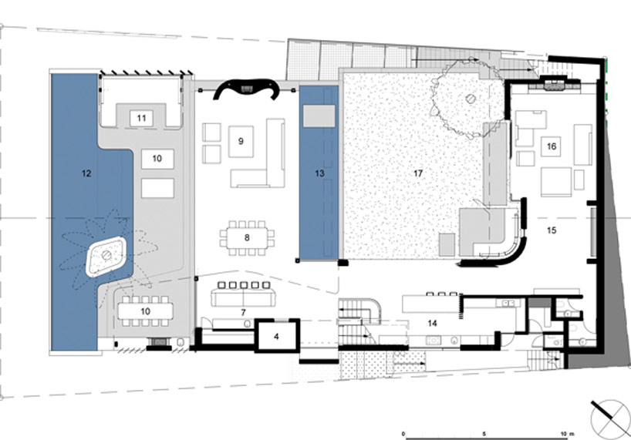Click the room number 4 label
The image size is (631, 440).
tap(276, 337)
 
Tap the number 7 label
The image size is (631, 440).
tap(244, 312)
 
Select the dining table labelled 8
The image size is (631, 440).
tap(247, 238)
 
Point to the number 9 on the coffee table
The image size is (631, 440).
tap(241, 141)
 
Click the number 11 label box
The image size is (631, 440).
tap(141, 118)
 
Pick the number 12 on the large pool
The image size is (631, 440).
tap(86, 173)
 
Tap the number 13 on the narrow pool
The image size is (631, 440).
tap(319, 173)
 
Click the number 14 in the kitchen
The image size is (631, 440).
tap(433, 323)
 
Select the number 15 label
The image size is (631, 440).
tap(552, 230)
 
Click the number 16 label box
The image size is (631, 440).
tap(552, 146)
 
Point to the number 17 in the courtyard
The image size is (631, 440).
tap(418, 173)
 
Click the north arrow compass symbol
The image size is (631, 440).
tap(610, 418)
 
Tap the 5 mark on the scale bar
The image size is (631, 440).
tap(484, 434)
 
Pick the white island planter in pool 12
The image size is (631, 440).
tap(106, 256)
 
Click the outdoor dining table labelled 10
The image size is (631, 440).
tap(145, 311)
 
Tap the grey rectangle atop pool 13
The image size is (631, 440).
tap(319, 116)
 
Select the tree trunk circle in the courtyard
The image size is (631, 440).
tap(471, 99)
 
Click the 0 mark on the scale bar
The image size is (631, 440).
tap(403, 434)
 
